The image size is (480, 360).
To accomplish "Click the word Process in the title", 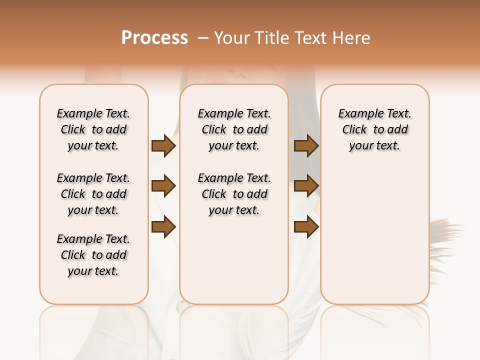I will click(x=154, y=38).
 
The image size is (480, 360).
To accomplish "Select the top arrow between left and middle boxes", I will click(x=163, y=146).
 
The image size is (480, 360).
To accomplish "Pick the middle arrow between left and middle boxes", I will click(x=163, y=186).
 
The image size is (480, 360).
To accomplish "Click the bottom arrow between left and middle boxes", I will click(x=163, y=227).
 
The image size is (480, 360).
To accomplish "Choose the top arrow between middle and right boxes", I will click(x=306, y=146).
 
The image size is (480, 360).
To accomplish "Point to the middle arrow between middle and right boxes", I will click(x=306, y=186).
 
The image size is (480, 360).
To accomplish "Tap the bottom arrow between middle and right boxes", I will click(x=306, y=227).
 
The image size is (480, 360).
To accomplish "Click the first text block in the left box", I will click(x=93, y=129).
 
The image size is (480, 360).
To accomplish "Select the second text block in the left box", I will click(x=93, y=194).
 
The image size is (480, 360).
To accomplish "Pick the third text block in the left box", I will click(x=93, y=255).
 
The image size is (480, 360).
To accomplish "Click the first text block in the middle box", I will click(x=234, y=129).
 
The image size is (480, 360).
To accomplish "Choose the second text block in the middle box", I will click(x=234, y=194).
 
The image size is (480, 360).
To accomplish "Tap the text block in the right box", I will click(x=374, y=129).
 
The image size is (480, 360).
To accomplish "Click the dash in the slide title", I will click(x=203, y=38).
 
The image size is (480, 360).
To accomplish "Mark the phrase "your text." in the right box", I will click(x=374, y=146).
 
